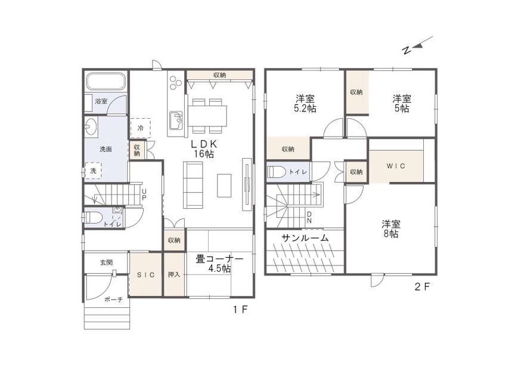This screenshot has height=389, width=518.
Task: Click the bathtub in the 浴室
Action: [x=106, y=81]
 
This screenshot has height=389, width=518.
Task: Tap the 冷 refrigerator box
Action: [x=141, y=128]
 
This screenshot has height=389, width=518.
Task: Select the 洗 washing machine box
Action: [x=94, y=171]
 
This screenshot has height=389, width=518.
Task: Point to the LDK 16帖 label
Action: [x=204, y=149]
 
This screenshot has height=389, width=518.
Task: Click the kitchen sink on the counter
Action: [x=176, y=121]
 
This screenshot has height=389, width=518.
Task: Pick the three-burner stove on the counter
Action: [x=175, y=82]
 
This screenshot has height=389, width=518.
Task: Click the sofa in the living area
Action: [x=193, y=185]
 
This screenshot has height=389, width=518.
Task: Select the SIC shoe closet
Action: [x=145, y=274]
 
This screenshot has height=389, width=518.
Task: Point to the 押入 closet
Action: [x=175, y=274]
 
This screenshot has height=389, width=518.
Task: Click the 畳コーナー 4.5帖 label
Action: [x=219, y=264]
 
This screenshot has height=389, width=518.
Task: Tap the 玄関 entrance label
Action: [x=106, y=263]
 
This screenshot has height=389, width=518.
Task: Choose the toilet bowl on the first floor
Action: [x=93, y=218]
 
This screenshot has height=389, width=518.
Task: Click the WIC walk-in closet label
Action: [x=396, y=166]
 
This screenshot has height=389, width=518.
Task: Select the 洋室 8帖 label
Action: [x=391, y=229]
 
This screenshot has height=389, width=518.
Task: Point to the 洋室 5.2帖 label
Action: [x=305, y=104]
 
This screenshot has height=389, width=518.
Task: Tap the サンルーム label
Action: [x=305, y=237]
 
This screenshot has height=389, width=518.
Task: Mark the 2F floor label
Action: [x=422, y=286]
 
